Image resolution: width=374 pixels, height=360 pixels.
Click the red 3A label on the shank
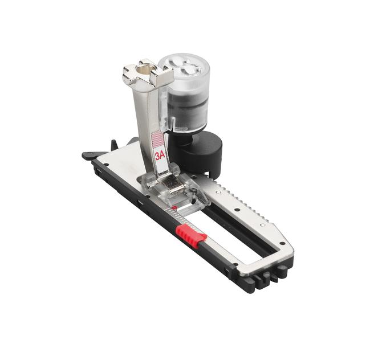pos(160,154)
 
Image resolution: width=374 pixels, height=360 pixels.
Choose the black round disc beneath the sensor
pos(202,150)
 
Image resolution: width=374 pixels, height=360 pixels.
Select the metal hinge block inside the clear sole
pos(170,185)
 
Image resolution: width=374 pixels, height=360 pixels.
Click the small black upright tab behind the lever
pos(113,144)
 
